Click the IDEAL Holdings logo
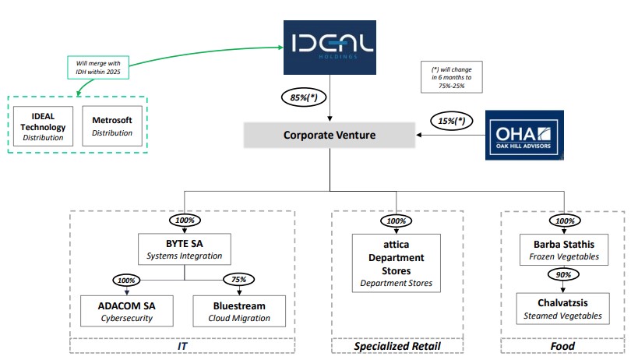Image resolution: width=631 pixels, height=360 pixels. pyautogui.click(x=330, y=46)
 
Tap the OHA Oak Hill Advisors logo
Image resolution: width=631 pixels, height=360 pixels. pyautogui.click(x=526, y=135)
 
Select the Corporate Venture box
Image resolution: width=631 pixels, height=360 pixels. pyautogui.click(x=330, y=135)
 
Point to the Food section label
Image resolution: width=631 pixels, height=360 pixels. pyautogui.click(x=562, y=346)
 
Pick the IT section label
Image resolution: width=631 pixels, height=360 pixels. pyautogui.click(x=183, y=346)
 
